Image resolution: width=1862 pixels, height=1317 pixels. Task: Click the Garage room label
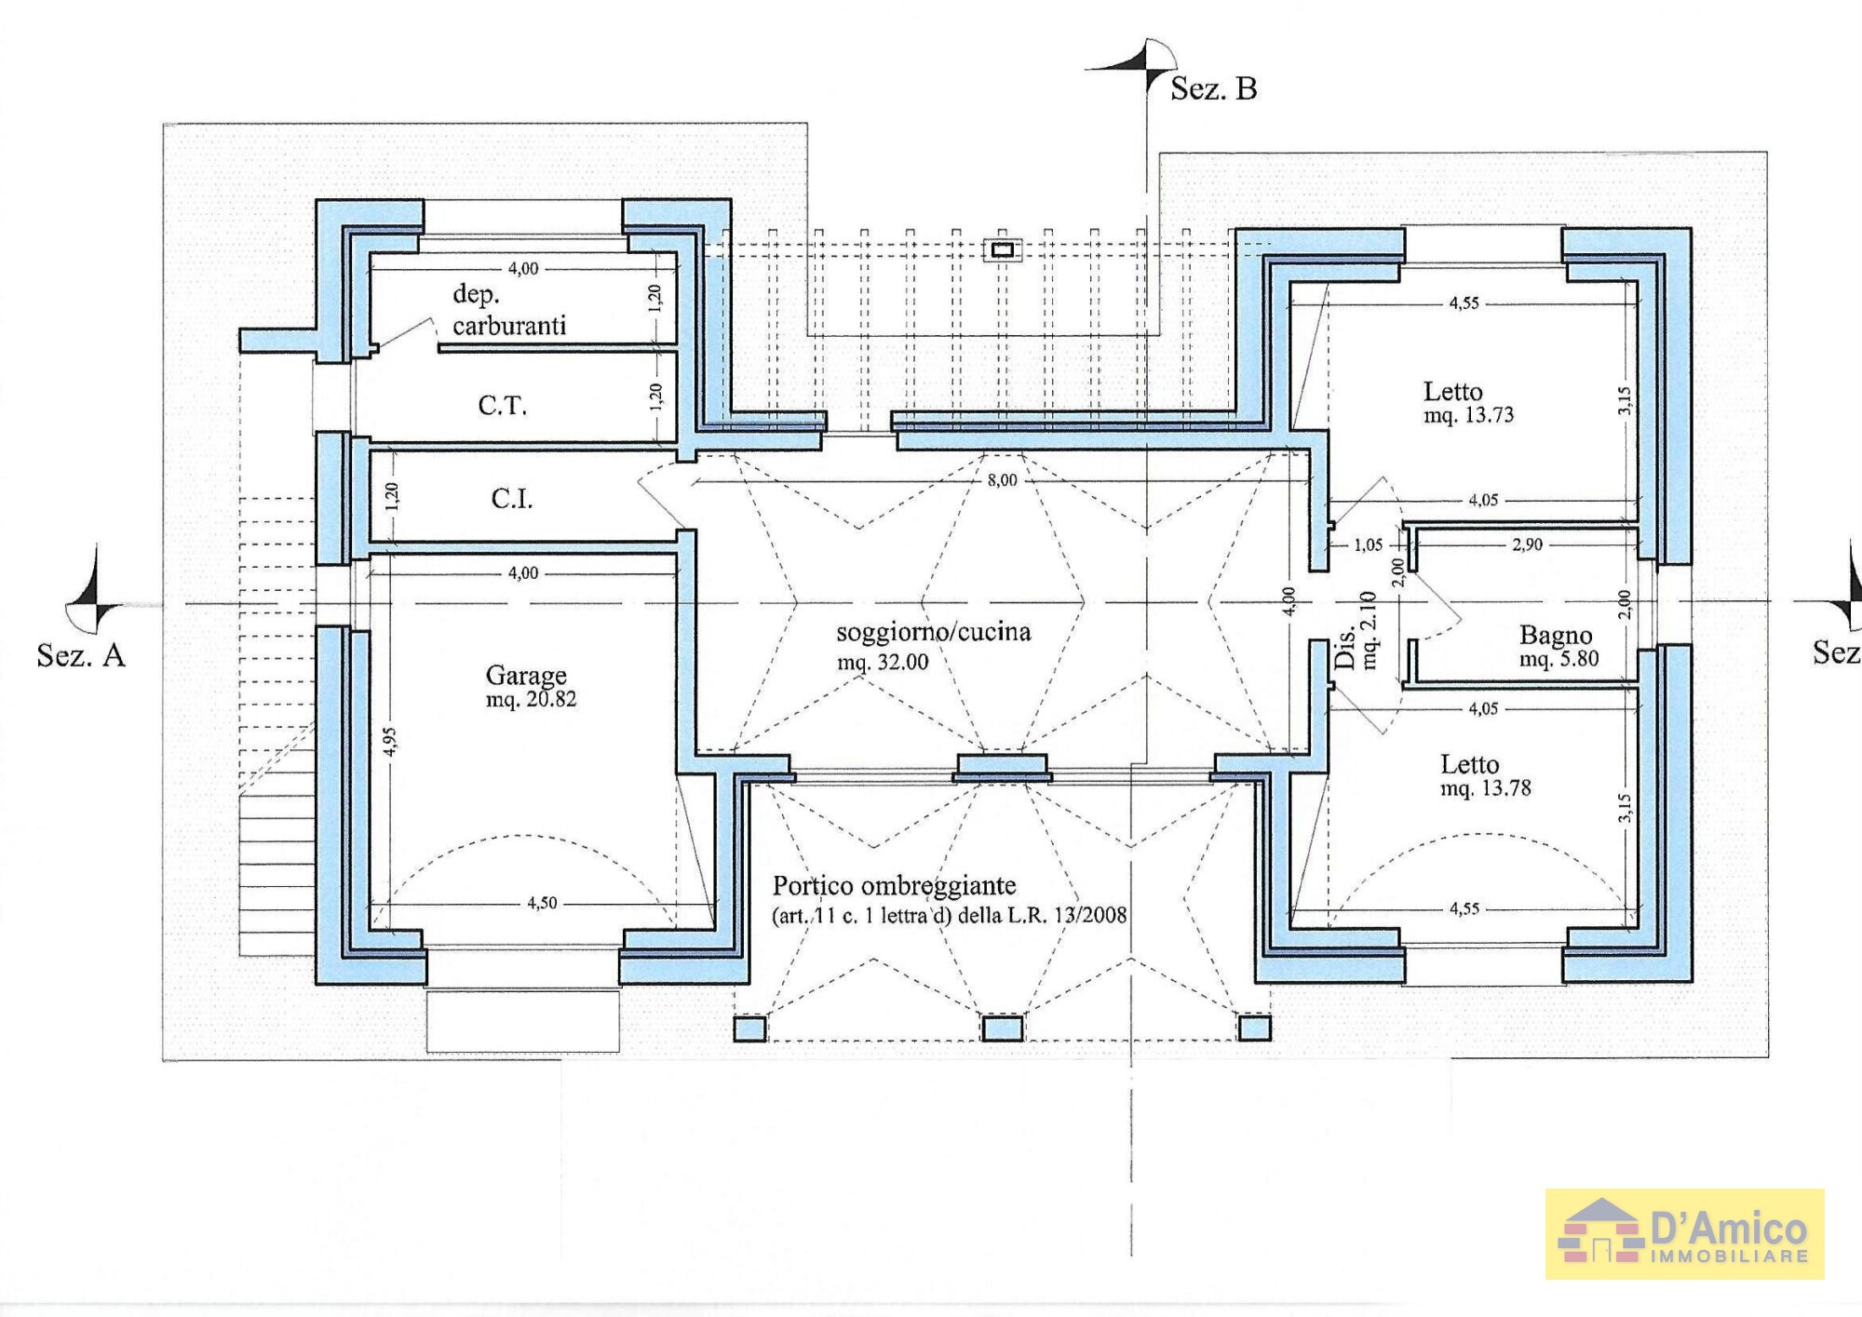526,675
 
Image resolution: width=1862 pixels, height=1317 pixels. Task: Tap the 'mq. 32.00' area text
882,663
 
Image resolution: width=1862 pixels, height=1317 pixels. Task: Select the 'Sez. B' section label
1213,89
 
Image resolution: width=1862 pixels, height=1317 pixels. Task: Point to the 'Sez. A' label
81,655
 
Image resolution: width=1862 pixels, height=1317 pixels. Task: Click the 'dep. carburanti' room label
508,310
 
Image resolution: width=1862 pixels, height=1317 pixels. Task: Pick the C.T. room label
503,406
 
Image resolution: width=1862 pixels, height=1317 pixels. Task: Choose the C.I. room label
512,499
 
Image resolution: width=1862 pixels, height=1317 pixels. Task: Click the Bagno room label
1556,635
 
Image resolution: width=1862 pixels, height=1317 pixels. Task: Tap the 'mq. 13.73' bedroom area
1468,415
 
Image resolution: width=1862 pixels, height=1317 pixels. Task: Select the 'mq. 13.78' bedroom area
1485,788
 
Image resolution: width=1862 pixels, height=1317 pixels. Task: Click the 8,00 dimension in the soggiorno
1002,480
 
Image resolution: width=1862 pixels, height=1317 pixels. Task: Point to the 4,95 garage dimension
390,742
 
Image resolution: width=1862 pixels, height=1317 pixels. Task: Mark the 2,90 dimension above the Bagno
1527,544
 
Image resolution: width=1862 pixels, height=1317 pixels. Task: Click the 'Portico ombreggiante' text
894,886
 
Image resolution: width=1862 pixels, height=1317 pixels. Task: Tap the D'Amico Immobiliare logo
1684,1233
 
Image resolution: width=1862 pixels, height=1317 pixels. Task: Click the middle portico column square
1002,1028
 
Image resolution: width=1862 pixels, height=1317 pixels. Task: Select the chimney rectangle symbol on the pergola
1003,249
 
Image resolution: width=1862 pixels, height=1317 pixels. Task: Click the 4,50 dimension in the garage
542,903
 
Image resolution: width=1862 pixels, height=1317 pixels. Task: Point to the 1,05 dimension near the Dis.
1368,545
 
